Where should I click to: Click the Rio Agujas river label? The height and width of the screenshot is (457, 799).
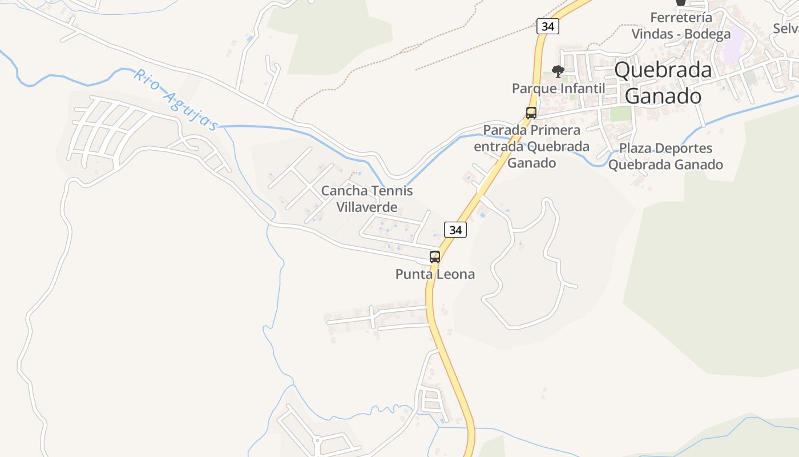pos(176,100)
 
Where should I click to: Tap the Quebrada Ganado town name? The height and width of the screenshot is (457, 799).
pos(663,83)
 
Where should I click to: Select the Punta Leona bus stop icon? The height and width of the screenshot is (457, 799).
pos(435,257)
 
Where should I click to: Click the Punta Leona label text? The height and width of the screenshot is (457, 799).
pos(435,274)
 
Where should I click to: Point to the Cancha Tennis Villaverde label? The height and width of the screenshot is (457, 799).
pos(366,199)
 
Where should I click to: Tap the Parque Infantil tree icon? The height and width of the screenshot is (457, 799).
pos(558,71)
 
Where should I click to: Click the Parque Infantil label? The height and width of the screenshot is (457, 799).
pos(558,89)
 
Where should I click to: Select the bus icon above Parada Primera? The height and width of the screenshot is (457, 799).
pos(531,113)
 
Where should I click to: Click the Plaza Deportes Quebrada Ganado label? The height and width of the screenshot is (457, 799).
pos(665,157)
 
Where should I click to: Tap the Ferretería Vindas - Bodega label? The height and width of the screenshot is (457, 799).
pos(680,26)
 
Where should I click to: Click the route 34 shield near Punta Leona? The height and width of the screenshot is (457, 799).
pos(455,230)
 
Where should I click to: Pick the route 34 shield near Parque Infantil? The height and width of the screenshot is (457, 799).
pos(547,26)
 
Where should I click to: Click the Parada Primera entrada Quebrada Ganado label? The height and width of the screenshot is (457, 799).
pos(531,146)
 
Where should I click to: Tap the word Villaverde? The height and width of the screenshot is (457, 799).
pos(366,207)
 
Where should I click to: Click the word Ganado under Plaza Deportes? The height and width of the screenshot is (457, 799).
pos(695,165)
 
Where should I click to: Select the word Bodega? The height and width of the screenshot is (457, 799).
pos(708,34)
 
